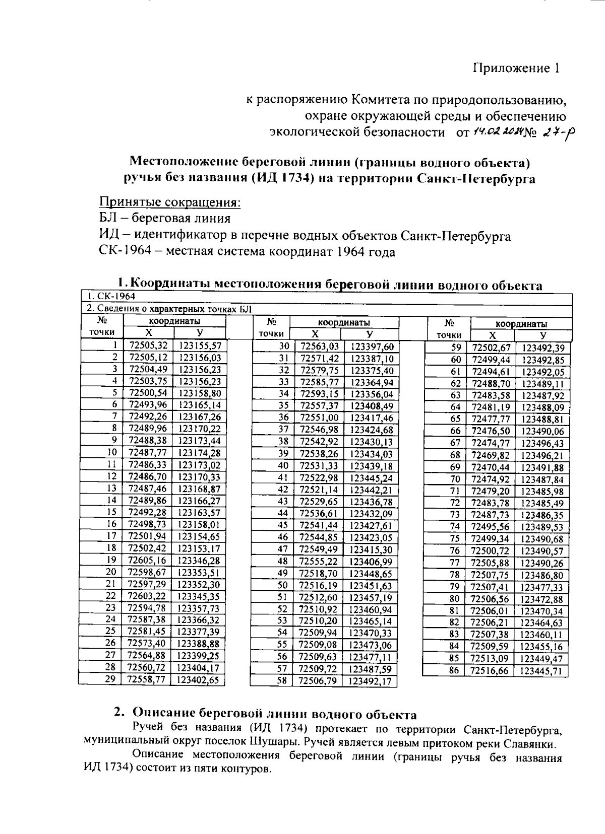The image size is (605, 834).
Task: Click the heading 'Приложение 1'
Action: coord(516,68)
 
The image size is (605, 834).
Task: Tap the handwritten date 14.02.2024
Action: coord(496,132)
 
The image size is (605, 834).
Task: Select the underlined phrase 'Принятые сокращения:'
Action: coord(170,202)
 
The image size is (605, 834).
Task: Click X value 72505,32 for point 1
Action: coord(148,345)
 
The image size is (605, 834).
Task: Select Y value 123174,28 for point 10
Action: coord(200,453)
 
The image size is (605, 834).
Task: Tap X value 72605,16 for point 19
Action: coord(147,561)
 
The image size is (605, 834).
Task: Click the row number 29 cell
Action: coord(111,679)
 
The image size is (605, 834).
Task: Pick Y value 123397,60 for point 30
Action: coord(372,346)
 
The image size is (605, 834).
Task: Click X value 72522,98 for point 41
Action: coord(319,477)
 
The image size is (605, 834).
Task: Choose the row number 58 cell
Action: coord(282,681)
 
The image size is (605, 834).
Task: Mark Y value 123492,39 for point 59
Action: coord(542,348)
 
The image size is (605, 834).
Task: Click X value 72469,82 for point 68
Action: coord(490,455)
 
